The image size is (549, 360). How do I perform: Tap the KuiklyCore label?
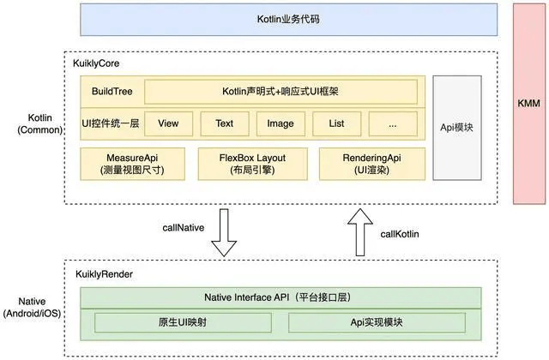94,64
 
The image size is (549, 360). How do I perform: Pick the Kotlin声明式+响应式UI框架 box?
281,92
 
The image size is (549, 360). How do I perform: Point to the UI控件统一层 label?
110,123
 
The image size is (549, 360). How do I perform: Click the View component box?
168,123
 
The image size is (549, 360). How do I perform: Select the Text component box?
224,123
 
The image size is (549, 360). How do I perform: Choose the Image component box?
280,123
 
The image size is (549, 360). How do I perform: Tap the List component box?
336,123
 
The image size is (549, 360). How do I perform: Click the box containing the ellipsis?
392,123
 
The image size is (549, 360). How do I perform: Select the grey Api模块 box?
456,127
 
